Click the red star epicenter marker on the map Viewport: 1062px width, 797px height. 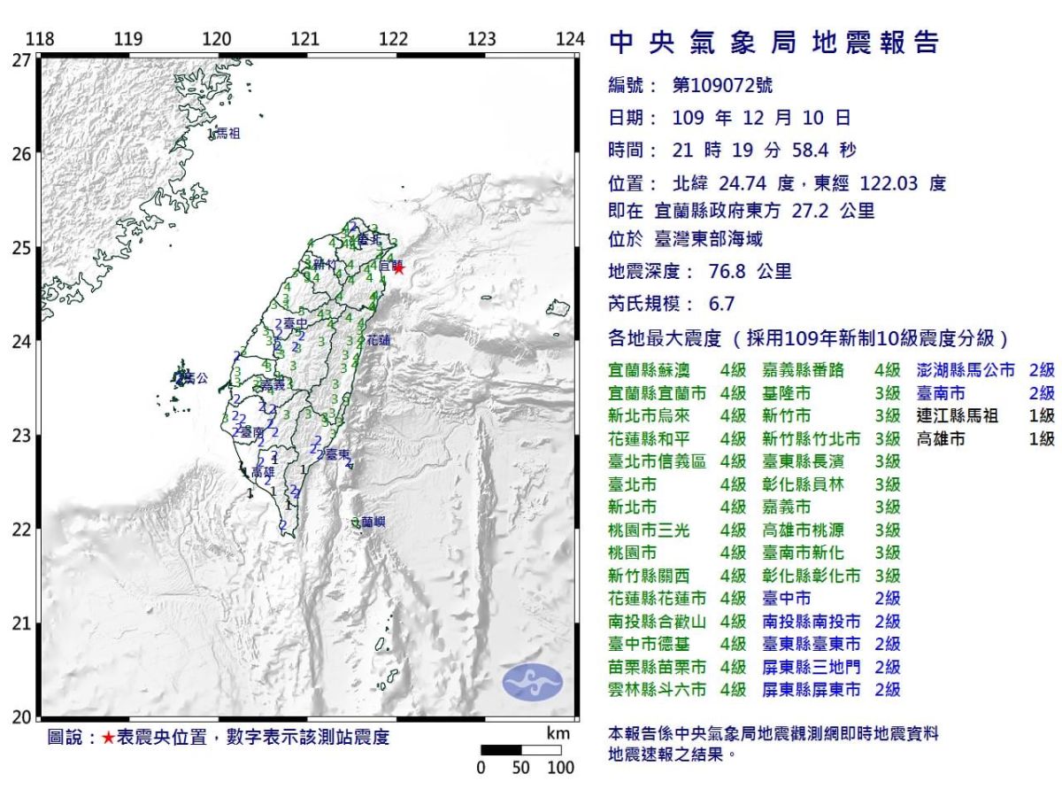click(398, 267)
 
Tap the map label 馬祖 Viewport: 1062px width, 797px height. click(227, 134)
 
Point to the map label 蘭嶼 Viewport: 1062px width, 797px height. click(373, 523)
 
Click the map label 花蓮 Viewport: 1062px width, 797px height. click(378, 339)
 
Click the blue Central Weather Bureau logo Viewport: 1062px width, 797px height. click(533, 680)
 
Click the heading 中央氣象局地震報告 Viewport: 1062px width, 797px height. click(773, 43)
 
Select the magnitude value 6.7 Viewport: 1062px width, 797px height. click(722, 304)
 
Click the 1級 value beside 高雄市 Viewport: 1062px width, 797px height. click(1042, 438)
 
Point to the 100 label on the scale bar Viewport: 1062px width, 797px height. click(560, 768)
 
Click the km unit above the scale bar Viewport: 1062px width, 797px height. click(558, 733)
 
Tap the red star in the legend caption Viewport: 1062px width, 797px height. click(108, 738)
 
